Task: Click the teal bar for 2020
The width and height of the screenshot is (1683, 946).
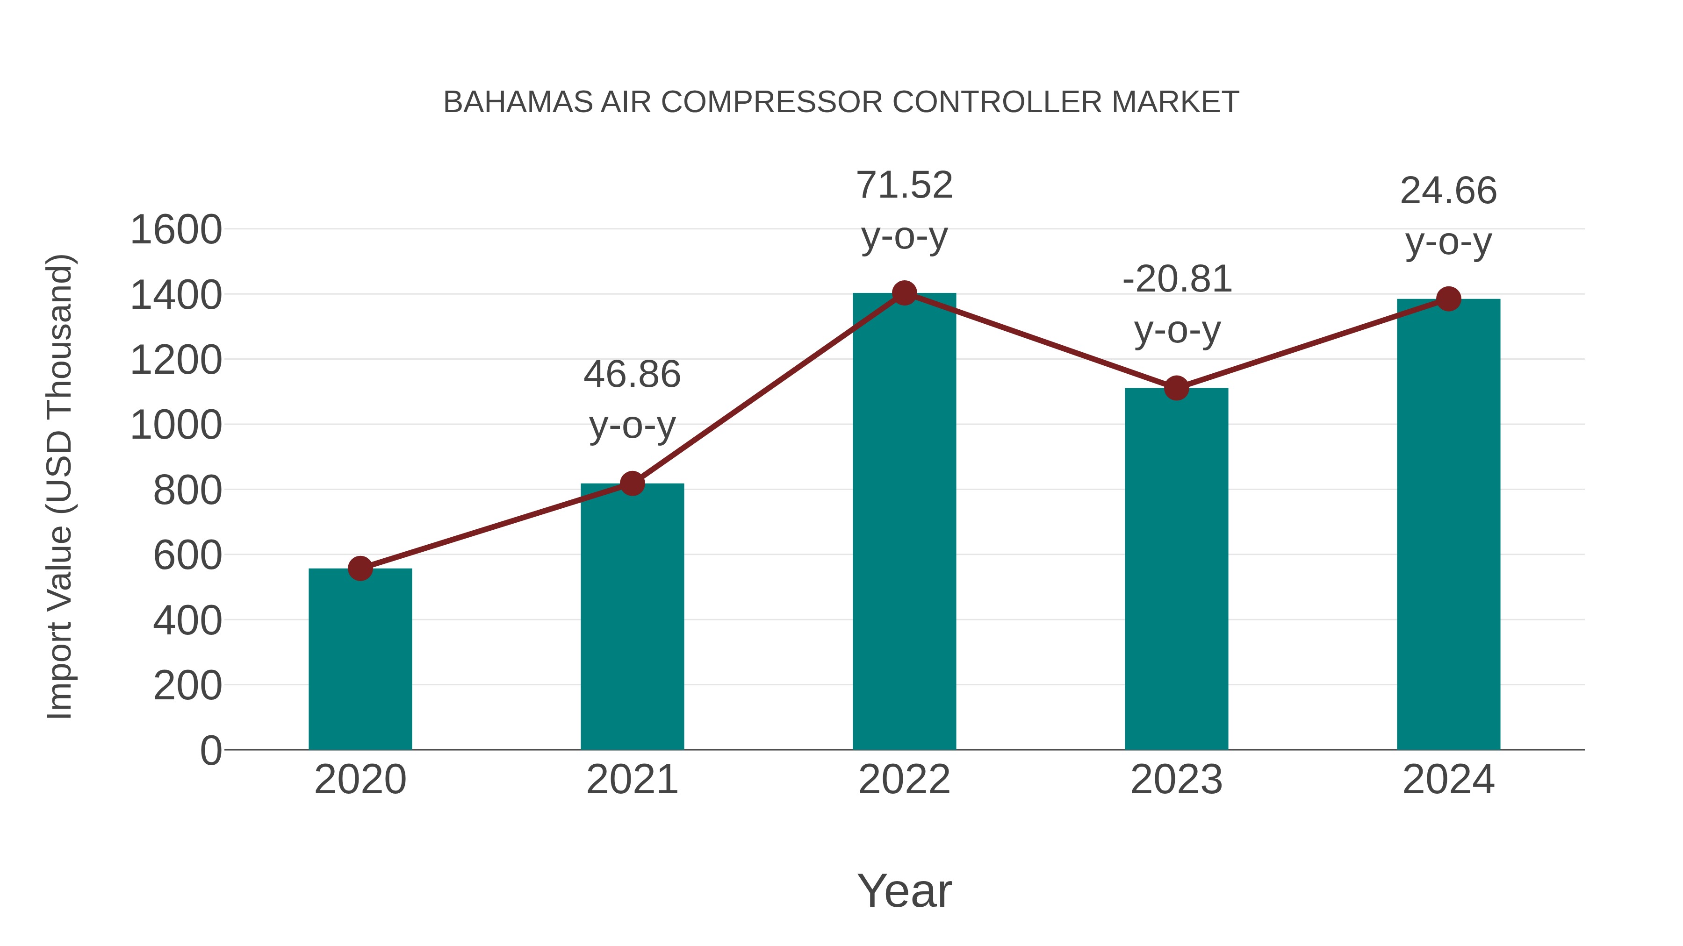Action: click(x=360, y=659)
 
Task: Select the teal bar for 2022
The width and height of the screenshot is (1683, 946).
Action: click(x=904, y=522)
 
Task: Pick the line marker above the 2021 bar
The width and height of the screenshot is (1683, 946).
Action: click(x=632, y=484)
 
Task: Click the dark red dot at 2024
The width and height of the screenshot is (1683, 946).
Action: click(x=1448, y=299)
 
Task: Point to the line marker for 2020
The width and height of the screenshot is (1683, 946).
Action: click(x=360, y=569)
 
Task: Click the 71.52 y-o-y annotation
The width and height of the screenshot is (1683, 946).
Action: click(x=904, y=210)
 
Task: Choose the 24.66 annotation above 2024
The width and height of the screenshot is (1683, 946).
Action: click(x=1448, y=216)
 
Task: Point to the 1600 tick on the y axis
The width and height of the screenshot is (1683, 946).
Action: click(x=176, y=230)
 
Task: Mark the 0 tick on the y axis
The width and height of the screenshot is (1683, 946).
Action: click(x=210, y=751)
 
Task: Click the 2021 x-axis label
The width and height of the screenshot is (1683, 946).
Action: click(x=632, y=780)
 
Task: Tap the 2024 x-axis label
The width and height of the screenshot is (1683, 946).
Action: click(x=1448, y=780)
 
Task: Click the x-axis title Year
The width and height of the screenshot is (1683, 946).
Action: click(x=904, y=891)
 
